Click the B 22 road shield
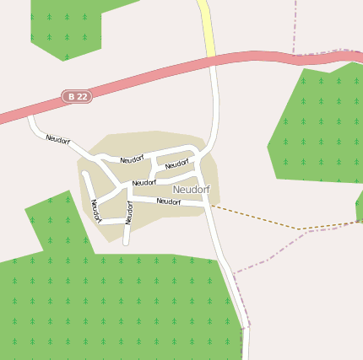point(77,97)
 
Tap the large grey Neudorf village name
point(191,190)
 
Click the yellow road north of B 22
point(205,25)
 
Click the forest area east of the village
point(317,126)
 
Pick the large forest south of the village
point(110,304)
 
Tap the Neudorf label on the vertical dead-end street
point(129,212)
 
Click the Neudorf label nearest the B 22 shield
point(58,139)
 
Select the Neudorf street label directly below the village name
point(169,201)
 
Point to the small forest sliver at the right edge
point(360,205)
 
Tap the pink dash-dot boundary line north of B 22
point(295,25)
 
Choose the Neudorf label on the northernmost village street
point(133,159)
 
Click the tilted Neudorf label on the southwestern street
point(95,210)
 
